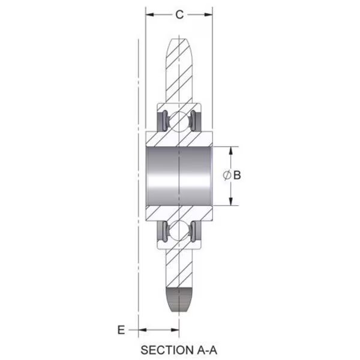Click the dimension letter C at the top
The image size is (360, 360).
pyautogui.click(x=179, y=14)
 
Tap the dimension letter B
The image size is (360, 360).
pyautogui.click(x=237, y=175)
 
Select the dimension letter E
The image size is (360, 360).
pyautogui.click(x=121, y=330)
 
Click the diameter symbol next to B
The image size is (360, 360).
pyautogui.click(x=227, y=175)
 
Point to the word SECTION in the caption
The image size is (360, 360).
pyautogui.click(x=167, y=350)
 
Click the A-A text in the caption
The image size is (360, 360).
pyautogui.click(x=207, y=350)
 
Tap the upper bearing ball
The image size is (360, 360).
pyautogui.click(x=179, y=122)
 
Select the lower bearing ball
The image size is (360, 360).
pyautogui.click(x=179, y=230)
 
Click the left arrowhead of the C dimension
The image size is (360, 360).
pyautogui.click(x=149, y=14)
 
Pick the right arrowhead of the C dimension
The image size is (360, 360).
pyautogui.click(x=208, y=14)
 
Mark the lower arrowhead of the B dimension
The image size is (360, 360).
pyautogui.click(x=231, y=201)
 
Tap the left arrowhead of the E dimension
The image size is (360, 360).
pyautogui.click(x=142, y=330)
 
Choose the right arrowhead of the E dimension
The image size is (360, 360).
pyautogui.click(x=175, y=330)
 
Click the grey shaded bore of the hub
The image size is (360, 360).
pyautogui.click(x=179, y=176)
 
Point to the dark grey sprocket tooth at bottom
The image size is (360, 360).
pyautogui.click(x=179, y=299)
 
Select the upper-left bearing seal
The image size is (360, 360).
pyautogui.click(x=163, y=121)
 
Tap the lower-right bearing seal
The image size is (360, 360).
pyautogui.click(x=196, y=231)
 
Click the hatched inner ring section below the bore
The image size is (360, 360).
pyautogui.click(x=179, y=213)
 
